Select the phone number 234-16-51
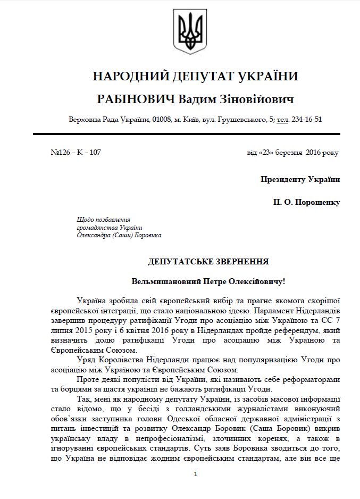coord(307,119)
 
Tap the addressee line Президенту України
coord(300,179)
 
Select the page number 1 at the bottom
coord(196,474)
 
